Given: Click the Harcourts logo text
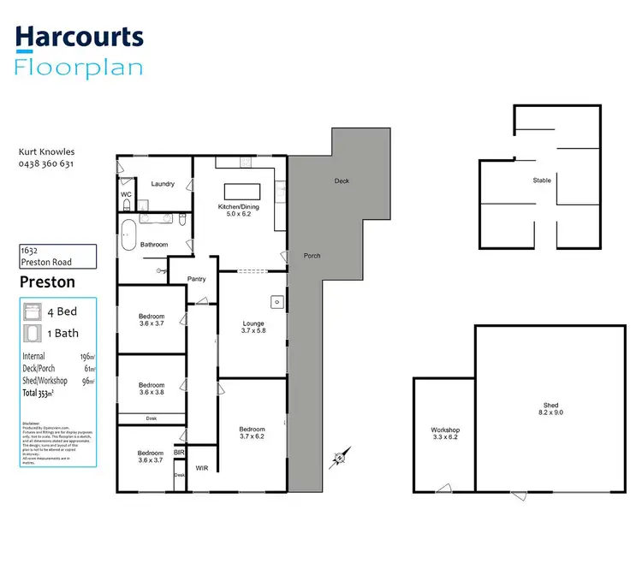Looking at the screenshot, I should (80, 37).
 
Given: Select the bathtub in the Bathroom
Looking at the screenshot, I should (128, 234).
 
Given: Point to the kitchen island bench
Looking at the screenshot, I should (241, 191).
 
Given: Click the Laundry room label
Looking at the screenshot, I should (163, 184).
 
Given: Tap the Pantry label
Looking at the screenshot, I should (196, 279).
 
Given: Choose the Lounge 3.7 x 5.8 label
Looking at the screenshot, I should (253, 327).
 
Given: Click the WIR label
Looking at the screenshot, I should (202, 468).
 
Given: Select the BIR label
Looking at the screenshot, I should (180, 451).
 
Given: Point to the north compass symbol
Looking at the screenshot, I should (340, 459).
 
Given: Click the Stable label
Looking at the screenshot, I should (541, 181).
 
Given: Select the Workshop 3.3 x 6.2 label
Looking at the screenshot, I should (445, 434).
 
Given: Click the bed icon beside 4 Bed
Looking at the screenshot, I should (33, 311).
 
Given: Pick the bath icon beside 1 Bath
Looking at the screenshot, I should (33, 333).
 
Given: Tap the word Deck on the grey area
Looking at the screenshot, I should (342, 181).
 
